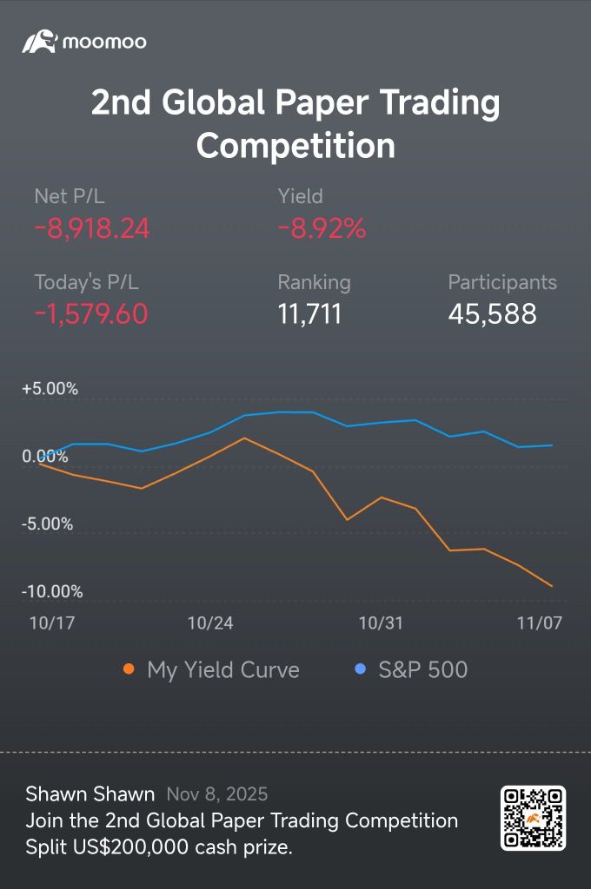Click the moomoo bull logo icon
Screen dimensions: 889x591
click(x=39, y=41)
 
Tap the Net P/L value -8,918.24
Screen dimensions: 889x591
click(x=92, y=228)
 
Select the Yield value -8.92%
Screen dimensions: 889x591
click(x=322, y=228)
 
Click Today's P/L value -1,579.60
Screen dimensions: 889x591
click(x=91, y=313)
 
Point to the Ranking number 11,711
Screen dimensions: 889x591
click(x=309, y=313)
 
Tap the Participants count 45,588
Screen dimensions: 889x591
click(x=492, y=313)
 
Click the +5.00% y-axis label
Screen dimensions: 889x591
click(x=50, y=389)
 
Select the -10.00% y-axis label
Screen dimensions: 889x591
click(x=52, y=592)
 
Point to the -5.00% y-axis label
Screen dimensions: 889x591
click(x=47, y=524)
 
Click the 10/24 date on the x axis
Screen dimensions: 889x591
click(x=210, y=623)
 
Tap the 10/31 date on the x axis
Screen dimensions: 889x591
click(x=381, y=623)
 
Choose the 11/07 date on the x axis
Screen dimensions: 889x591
click(x=539, y=623)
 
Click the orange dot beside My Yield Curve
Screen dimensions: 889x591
click(x=129, y=669)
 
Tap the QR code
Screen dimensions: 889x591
click(x=533, y=818)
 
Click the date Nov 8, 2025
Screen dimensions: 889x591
click(x=216, y=794)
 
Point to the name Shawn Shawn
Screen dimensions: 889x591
click(x=90, y=794)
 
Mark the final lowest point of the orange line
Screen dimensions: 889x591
click(x=552, y=586)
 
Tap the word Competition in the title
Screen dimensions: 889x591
click(x=295, y=145)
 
